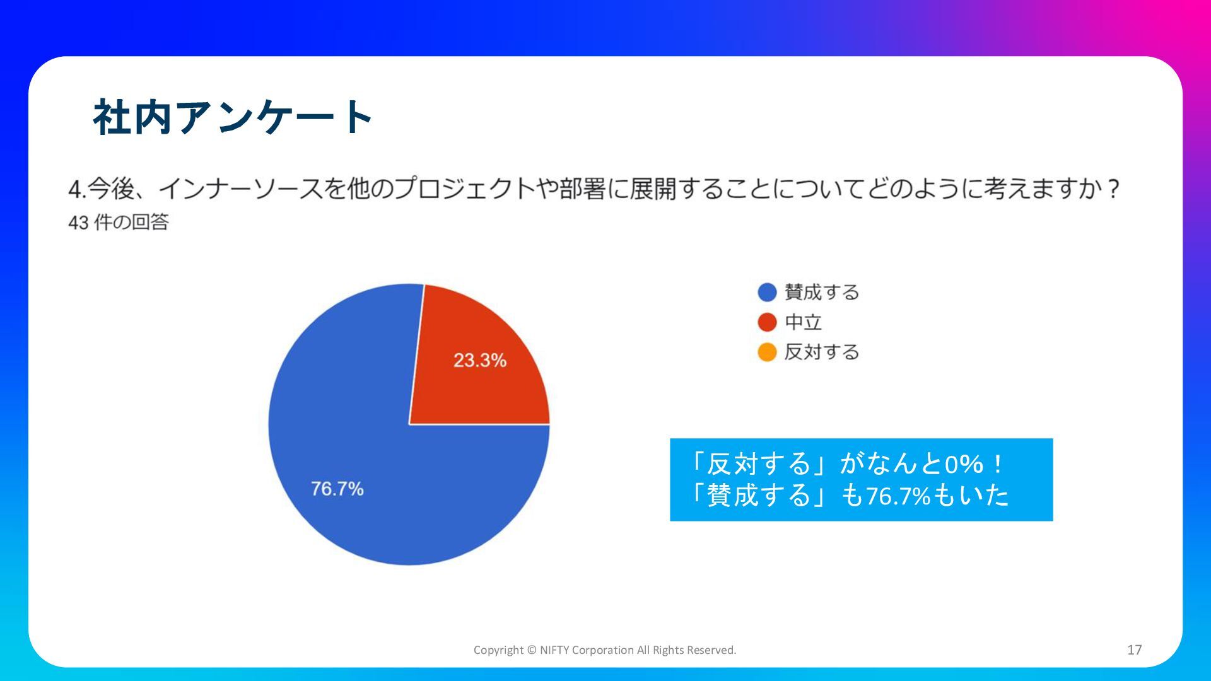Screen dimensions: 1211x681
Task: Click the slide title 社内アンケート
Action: pyautogui.click(x=233, y=117)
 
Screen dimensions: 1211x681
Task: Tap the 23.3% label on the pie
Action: pyautogui.click(x=480, y=360)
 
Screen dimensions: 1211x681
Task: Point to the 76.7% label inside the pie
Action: pyautogui.click(x=337, y=489)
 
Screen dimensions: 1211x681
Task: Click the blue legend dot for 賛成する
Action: pyautogui.click(x=767, y=293)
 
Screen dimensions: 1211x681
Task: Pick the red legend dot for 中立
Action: pyautogui.click(x=767, y=322)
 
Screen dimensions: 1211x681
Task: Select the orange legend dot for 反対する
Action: pyautogui.click(x=767, y=352)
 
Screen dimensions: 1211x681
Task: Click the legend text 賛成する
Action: pyautogui.click(x=822, y=293)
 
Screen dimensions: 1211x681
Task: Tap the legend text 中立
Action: pyautogui.click(x=803, y=322)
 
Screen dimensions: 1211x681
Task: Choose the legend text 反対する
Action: pyautogui.click(x=822, y=352)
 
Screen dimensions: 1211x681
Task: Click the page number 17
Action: pyautogui.click(x=1135, y=649)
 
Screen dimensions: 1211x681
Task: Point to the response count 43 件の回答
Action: pyautogui.click(x=119, y=222)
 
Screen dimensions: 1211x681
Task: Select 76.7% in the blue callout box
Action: pyautogui.click(x=898, y=496)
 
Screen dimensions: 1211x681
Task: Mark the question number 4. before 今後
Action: pyautogui.click(x=77, y=189)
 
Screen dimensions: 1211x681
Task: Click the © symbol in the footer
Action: pyautogui.click(x=531, y=650)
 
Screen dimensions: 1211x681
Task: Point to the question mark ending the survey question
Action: pyautogui.click(x=1113, y=189)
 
